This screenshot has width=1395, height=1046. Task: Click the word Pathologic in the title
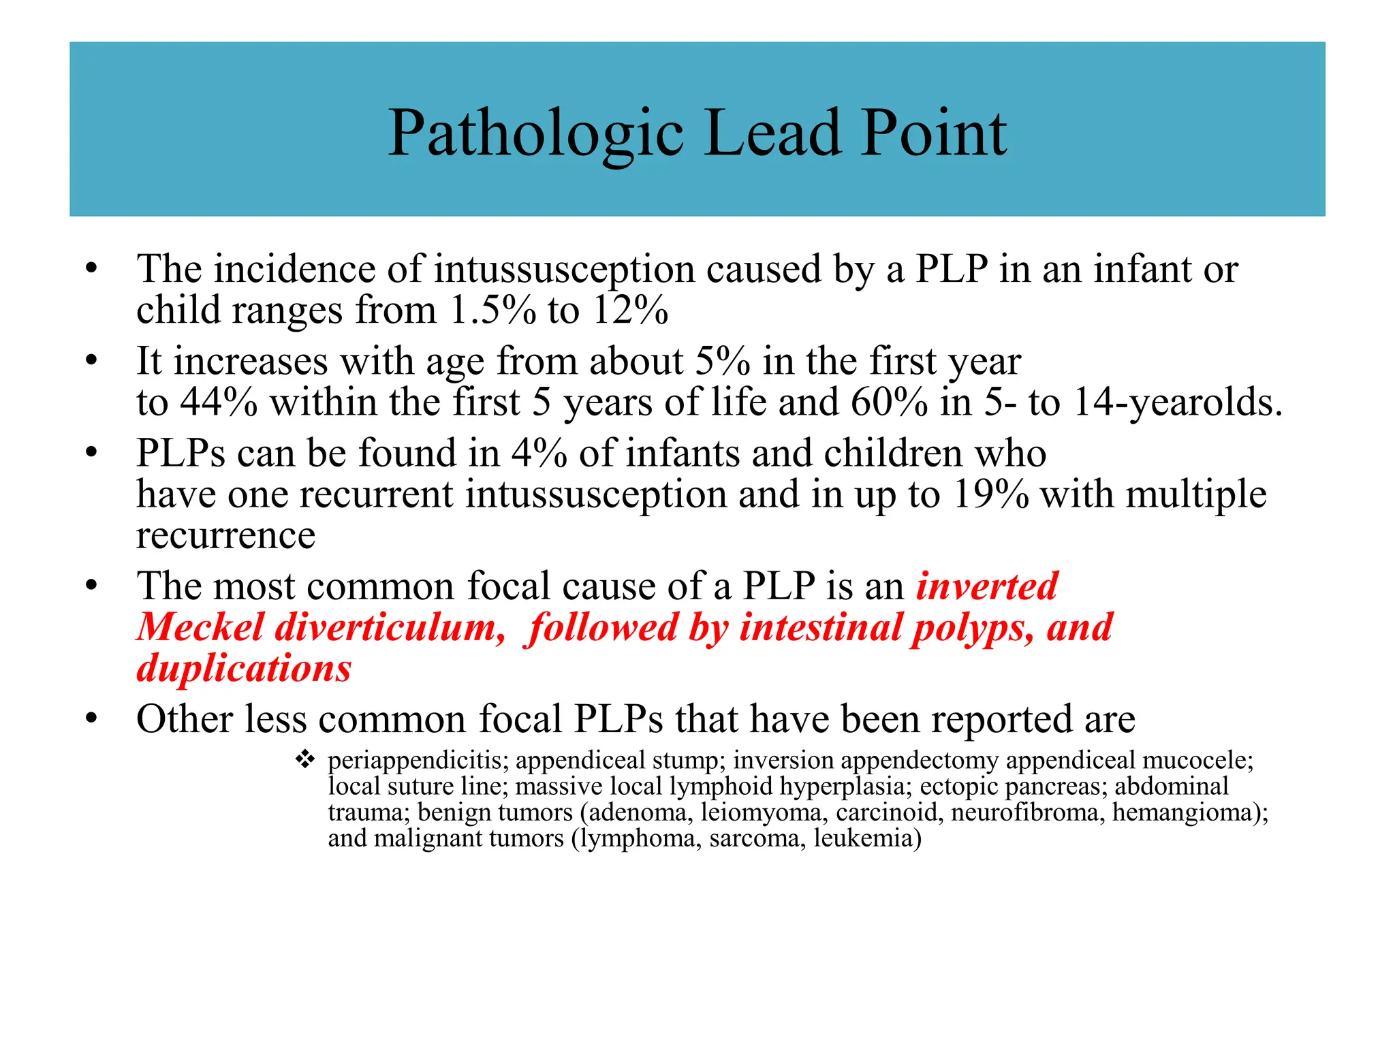point(535,133)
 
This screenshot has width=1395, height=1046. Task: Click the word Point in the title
point(933,133)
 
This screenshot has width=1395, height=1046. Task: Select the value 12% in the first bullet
point(630,311)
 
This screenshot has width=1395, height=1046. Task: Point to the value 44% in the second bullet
point(219,402)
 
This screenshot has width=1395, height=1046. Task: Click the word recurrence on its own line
point(225,536)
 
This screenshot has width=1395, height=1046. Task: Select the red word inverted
point(987,586)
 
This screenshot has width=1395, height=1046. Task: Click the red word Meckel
point(200,627)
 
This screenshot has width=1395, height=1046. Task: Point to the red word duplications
point(244,668)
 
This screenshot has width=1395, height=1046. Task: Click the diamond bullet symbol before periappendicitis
point(304,759)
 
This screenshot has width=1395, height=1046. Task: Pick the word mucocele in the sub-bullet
point(1197,760)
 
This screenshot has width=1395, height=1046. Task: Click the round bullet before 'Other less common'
point(91,719)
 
